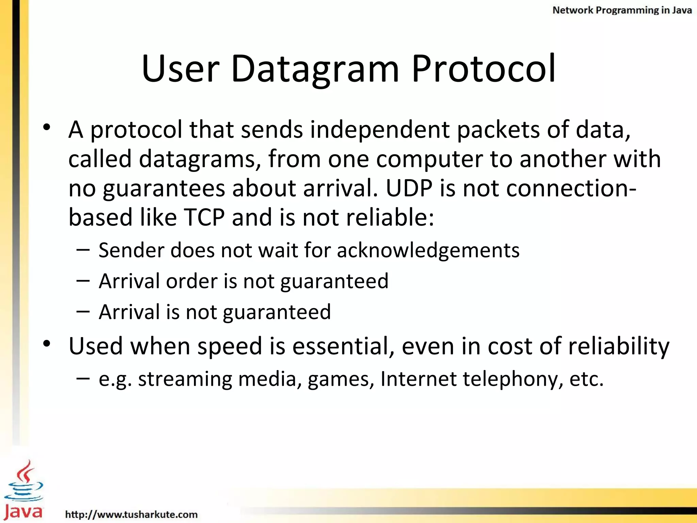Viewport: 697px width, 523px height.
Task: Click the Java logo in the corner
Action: pyautogui.click(x=23, y=490)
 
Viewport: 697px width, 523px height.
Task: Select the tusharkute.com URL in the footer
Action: pyautogui.click(x=131, y=514)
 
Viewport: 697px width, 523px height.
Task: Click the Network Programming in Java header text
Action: pyautogui.click(x=622, y=10)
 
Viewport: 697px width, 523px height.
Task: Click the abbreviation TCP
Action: pyautogui.click(x=204, y=218)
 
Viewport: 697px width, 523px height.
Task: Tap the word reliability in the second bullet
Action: pyautogui.click(x=618, y=346)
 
